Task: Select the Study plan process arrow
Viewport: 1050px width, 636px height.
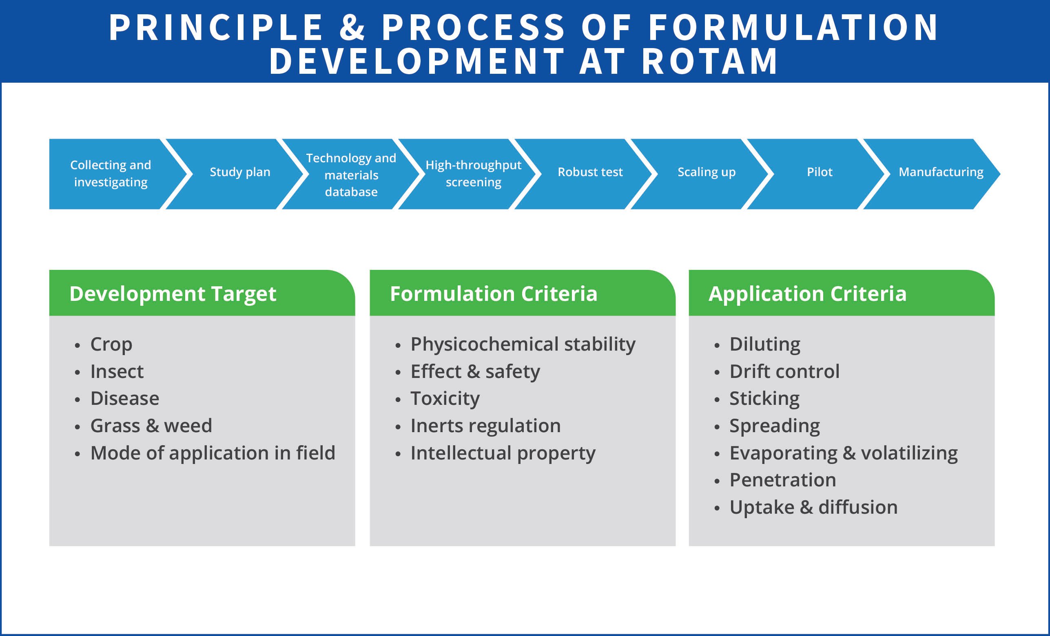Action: click(x=240, y=172)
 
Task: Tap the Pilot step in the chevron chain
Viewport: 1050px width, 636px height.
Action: click(x=819, y=172)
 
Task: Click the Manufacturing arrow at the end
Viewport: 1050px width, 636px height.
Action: click(x=941, y=172)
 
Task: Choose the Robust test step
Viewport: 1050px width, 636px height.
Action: click(x=590, y=172)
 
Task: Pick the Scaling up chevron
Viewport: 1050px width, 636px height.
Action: click(x=706, y=172)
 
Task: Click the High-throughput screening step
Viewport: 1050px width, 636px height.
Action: click(x=473, y=173)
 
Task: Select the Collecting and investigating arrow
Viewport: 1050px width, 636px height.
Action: click(x=111, y=173)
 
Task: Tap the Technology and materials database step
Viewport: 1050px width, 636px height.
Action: click(x=351, y=174)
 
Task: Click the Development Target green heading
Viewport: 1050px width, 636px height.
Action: click(x=173, y=294)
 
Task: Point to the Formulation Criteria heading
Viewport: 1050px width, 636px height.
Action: click(x=493, y=294)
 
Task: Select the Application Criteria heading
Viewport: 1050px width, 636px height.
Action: click(x=807, y=294)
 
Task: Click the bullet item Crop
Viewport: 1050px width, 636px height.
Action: click(x=111, y=344)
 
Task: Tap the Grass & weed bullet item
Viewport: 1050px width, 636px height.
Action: click(x=151, y=426)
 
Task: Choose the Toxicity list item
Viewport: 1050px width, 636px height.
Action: click(x=445, y=398)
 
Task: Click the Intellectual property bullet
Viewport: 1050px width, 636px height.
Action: click(x=503, y=453)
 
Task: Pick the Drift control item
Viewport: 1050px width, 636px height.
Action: click(x=784, y=371)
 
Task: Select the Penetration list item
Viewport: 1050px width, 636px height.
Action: click(x=782, y=480)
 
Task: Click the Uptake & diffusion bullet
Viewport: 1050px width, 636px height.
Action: click(x=813, y=507)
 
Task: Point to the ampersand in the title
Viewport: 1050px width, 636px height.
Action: click(x=352, y=27)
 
